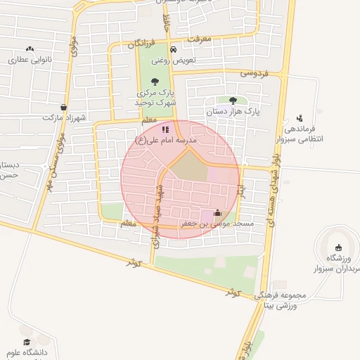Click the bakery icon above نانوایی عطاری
coord(30,49)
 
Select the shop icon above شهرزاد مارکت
coord(64,108)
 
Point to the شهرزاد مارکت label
coord(63,118)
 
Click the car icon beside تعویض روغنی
coord(173,50)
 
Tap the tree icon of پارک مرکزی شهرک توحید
coord(155,82)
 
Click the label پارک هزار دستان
coord(233,111)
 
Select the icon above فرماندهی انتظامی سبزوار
coord(300,117)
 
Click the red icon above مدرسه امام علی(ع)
coord(165,129)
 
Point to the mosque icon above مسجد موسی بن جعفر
coord(217,213)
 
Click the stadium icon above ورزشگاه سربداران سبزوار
coord(340,247)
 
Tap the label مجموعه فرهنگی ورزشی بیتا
coord(277,300)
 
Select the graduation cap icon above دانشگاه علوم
coord(27,341)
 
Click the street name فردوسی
coord(255,72)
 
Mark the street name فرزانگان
coord(142,44)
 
